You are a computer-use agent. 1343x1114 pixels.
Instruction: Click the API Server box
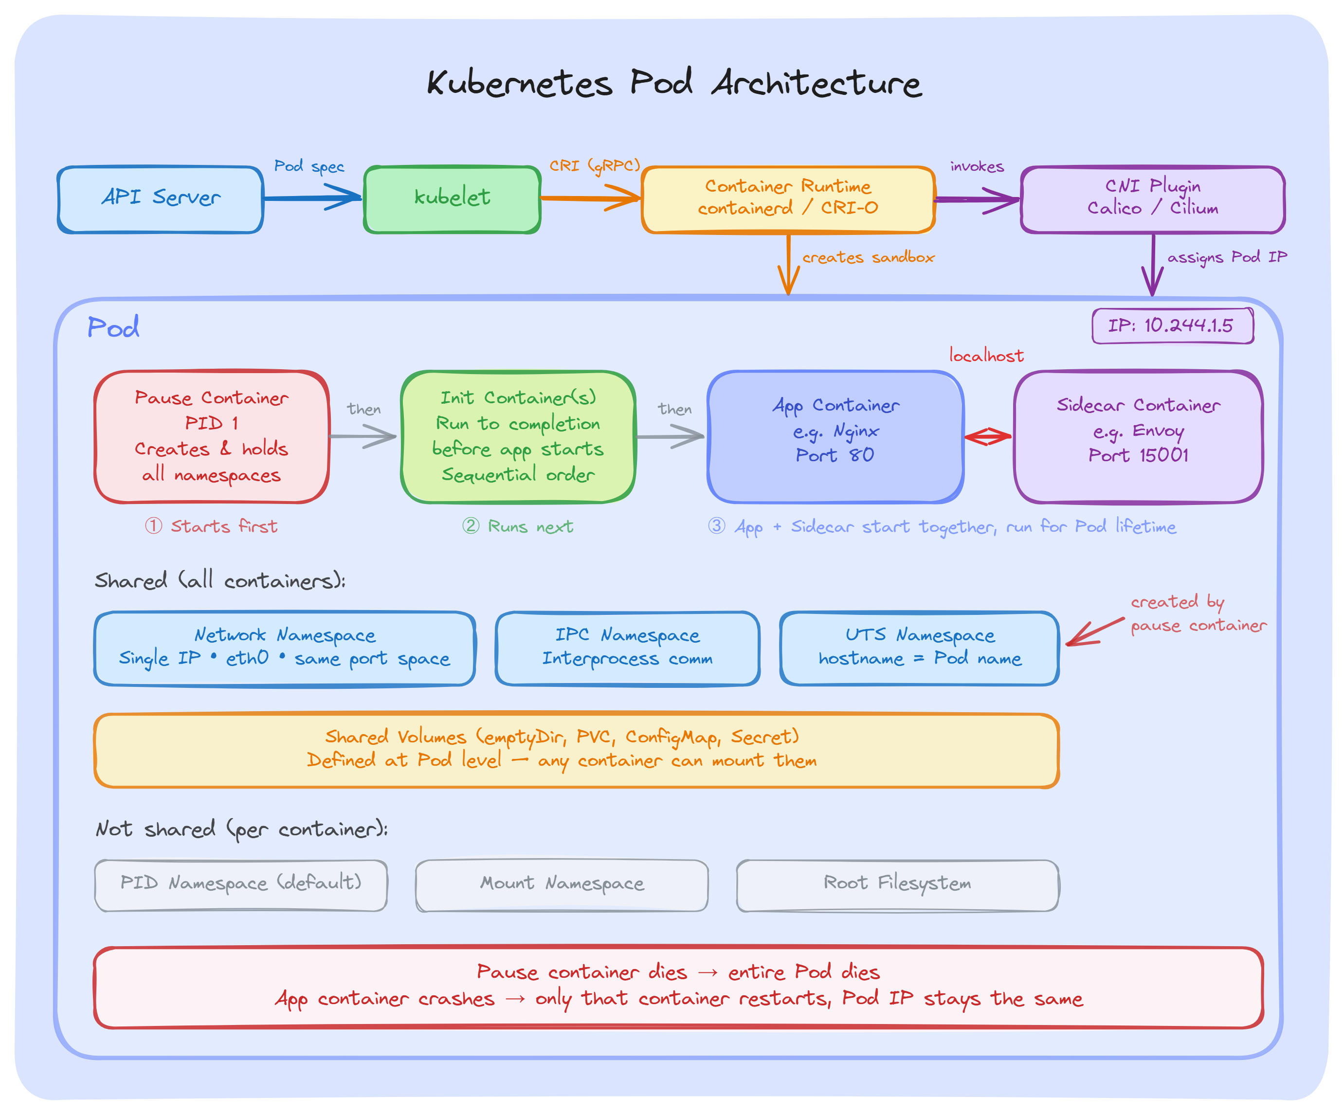[x=160, y=199]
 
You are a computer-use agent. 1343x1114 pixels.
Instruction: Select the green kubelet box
[x=452, y=199]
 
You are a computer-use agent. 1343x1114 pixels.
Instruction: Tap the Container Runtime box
[x=788, y=199]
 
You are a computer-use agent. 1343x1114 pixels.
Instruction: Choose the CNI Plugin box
[x=1152, y=199]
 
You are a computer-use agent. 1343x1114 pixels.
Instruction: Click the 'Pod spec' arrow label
[x=309, y=166]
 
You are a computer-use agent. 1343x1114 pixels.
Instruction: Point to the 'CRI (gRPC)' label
[x=595, y=165]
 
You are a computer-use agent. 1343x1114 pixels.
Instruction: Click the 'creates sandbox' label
[x=868, y=257]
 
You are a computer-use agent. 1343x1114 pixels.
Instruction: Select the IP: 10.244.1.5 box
[x=1172, y=325]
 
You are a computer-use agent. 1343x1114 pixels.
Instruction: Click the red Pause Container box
[x=212, y=437]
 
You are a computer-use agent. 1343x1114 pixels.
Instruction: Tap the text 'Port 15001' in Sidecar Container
[x=1138, y=455]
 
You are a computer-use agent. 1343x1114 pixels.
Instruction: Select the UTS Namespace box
[x=919, y=648]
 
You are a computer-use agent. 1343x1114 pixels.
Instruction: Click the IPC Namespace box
[x=627, y=648]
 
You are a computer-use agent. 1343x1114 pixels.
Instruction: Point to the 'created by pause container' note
[x=1197, y=614]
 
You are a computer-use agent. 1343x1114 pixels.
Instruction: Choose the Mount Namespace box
[x=562, y=884]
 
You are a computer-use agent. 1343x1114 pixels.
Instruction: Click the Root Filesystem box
[x=897, y=884]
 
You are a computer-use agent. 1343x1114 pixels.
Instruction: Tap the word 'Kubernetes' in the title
[x=519, y=83]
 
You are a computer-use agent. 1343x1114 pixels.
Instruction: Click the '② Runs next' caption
[x=518, y=527]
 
